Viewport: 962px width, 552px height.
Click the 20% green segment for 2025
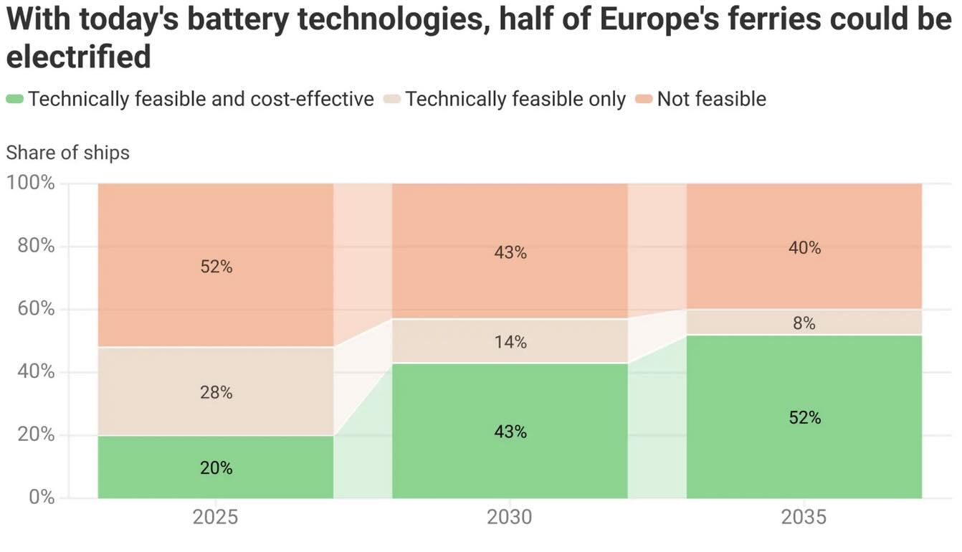[216, 467]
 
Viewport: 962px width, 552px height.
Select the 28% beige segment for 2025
[216, 391]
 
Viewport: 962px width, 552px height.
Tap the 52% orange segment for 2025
[216, 266]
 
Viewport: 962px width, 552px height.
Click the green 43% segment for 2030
[510, 431]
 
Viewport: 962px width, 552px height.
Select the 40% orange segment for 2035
[804, 247]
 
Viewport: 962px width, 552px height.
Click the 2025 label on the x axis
[216, 517]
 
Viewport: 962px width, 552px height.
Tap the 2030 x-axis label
[510, 517]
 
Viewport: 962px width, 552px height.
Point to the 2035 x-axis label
[804, 517]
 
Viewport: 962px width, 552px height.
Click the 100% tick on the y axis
[32, 183]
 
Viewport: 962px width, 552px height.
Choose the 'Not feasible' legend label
[711, 99]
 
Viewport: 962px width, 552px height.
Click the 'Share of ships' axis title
[68, 152]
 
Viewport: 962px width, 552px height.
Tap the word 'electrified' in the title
[79, 57]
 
